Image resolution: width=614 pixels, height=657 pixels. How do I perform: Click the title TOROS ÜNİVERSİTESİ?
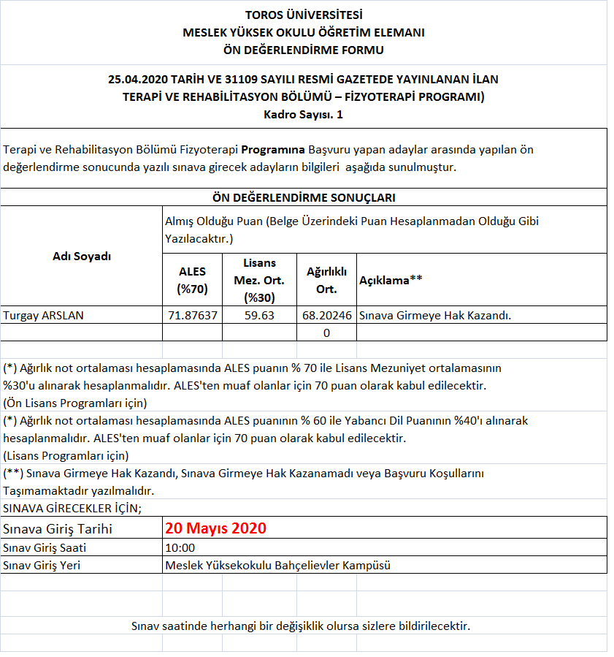tap(303, 15)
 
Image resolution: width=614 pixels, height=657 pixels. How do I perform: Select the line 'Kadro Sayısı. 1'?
tap(303, 115)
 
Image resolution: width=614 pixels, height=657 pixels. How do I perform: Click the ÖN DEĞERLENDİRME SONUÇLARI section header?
tap(303, 197)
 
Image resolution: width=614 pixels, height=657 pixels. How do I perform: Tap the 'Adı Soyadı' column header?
tap(82, 256)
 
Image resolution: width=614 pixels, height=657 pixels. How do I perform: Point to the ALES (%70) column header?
tap(192, 280)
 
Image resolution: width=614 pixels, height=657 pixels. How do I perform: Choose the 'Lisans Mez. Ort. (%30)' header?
tap(258, 280)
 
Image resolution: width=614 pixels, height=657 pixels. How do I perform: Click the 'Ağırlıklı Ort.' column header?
tap(326, 280)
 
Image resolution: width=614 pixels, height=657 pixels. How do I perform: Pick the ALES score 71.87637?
tap(192, 315)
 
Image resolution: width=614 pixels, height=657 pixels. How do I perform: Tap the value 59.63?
tap(259, 315)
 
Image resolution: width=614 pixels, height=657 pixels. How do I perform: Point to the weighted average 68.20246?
tap(326, 315)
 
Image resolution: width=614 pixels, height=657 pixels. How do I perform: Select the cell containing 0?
tap(326, 333)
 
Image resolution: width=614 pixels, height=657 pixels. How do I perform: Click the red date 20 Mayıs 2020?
tap(215, 528)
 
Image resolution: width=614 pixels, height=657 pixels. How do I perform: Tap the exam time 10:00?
tap(180, 547)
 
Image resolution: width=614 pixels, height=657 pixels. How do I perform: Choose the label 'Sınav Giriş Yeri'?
tap(42, 565)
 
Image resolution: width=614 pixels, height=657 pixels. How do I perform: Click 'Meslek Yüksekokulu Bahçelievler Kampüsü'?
tap(278, 565)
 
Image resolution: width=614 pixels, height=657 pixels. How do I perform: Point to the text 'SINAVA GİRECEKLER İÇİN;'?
tap(72, 508)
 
